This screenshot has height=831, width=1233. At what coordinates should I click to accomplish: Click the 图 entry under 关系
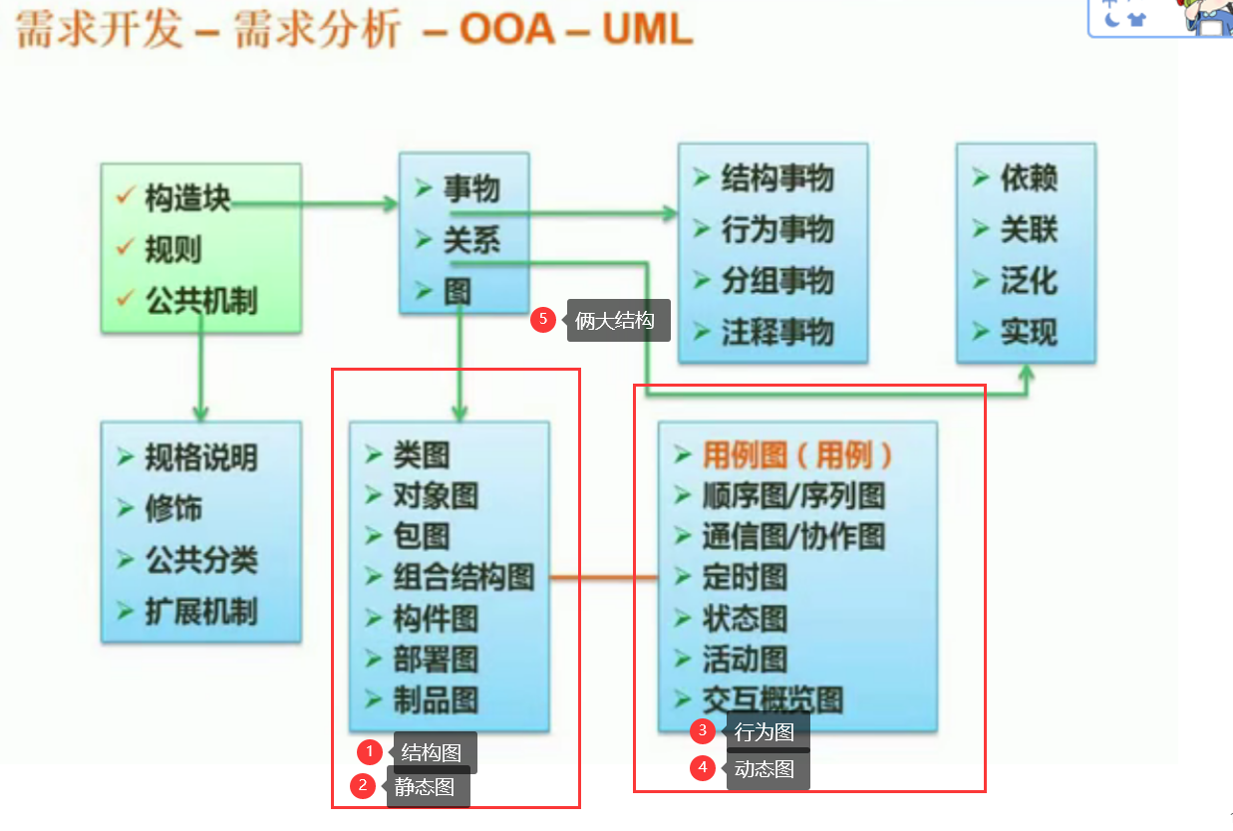point(458,291)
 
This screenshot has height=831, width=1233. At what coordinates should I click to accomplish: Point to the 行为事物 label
point(777,230)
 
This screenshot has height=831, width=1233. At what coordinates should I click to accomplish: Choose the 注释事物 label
point(777,332)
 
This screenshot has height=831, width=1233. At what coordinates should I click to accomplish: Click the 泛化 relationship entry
point(1029,281)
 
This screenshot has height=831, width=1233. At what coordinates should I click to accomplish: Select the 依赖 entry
point(1029,179)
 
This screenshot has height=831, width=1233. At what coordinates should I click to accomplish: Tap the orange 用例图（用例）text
point(797,455)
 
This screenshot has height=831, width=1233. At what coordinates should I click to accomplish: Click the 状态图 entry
point(745,618)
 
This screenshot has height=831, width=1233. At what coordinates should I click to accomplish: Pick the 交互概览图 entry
point(772,699)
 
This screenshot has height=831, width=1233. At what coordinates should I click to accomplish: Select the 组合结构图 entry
point(463,577)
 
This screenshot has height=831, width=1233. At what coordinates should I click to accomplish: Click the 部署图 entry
point(436,659)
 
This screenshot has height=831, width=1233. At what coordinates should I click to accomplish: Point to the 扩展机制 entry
point(201,611)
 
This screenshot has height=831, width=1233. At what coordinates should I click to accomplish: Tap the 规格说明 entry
point(201,457)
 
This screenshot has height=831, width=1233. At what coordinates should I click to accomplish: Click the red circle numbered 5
point(542,320)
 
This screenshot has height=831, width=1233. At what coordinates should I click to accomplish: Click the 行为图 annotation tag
point(765,732)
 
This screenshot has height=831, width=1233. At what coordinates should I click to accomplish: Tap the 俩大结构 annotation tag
point(615,321)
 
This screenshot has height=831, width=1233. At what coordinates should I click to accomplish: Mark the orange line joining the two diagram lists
point(603,577)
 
